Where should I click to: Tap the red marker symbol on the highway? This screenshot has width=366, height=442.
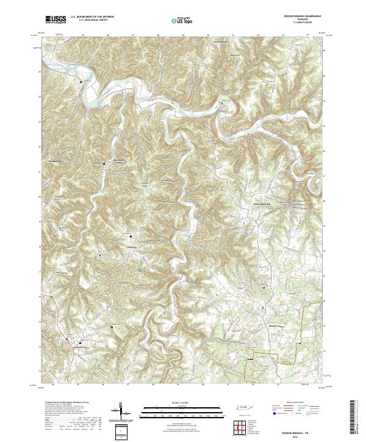(263, 308)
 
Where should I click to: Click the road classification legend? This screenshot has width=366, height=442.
(298, 409)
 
